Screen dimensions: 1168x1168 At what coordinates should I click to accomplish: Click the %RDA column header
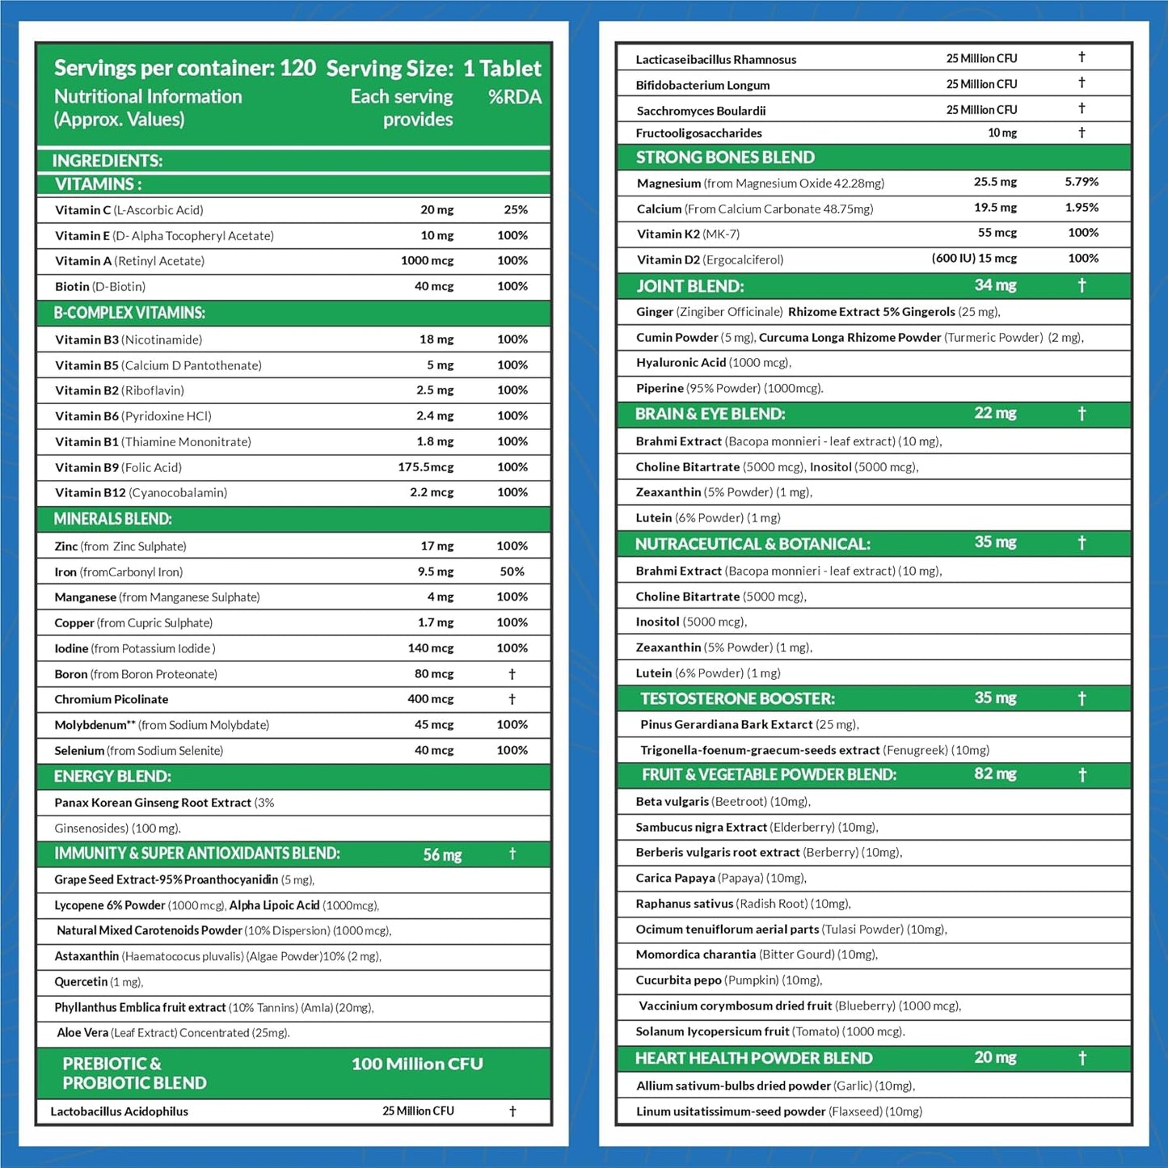tap(514, 97)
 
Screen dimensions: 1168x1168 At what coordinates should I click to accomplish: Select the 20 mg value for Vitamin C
tap(436, 210)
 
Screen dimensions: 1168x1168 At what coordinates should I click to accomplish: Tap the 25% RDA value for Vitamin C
tap(515, 210)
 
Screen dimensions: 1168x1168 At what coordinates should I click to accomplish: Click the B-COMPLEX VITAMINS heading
tap(129, 313)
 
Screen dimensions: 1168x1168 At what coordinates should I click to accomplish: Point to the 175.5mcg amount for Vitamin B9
tap(425, 467)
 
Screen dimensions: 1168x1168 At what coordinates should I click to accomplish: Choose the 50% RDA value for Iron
tap(512, 571)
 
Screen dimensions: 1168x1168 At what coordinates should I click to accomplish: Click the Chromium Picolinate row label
tap(112, 699)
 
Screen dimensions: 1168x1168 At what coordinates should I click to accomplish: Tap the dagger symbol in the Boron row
tap(512, 673)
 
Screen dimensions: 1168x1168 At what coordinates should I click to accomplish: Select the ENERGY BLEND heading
tap(112, 777)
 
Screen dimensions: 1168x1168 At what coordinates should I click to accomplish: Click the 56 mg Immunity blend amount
tap(442, 854)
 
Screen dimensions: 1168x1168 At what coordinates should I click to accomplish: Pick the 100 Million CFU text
tap(417, 1064)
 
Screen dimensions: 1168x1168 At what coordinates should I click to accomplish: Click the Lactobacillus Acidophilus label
tap(119, 1111)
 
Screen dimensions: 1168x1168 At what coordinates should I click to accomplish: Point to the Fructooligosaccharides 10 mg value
tap(1002, 133)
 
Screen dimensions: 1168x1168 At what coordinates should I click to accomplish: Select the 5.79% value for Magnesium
tap(1082, 182)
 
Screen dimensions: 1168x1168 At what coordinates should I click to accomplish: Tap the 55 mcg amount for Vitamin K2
tap(997, 233)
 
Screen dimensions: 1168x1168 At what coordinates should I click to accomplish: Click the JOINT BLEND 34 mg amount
tap(995, 285)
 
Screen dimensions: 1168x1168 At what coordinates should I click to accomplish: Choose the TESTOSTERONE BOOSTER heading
tap(737, 698)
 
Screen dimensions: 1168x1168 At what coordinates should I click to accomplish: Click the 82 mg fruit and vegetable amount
tap(995, 774)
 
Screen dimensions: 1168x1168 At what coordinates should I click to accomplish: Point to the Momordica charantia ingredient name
tap(695, 955)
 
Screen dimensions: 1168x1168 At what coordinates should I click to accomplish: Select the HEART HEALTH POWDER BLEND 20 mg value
tap(995, 1057)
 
